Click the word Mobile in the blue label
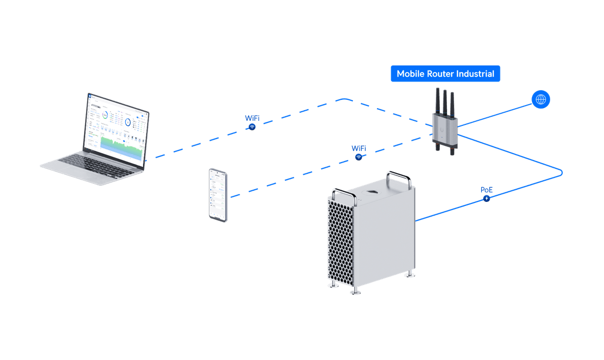(x=410, y=74)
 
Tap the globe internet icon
(x=541, y=99)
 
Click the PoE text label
(x=487, y=190)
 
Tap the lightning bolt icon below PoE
(x=487, y=199)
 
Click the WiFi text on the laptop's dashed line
(x=252, y=118)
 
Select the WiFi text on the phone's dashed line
(x=359, y=149)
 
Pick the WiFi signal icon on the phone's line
(x=359, y=157)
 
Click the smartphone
(x=218, y=194)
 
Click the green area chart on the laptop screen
(x=121, y=146)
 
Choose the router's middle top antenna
(x=445, y=101)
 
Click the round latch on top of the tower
(x=373, y=193)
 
